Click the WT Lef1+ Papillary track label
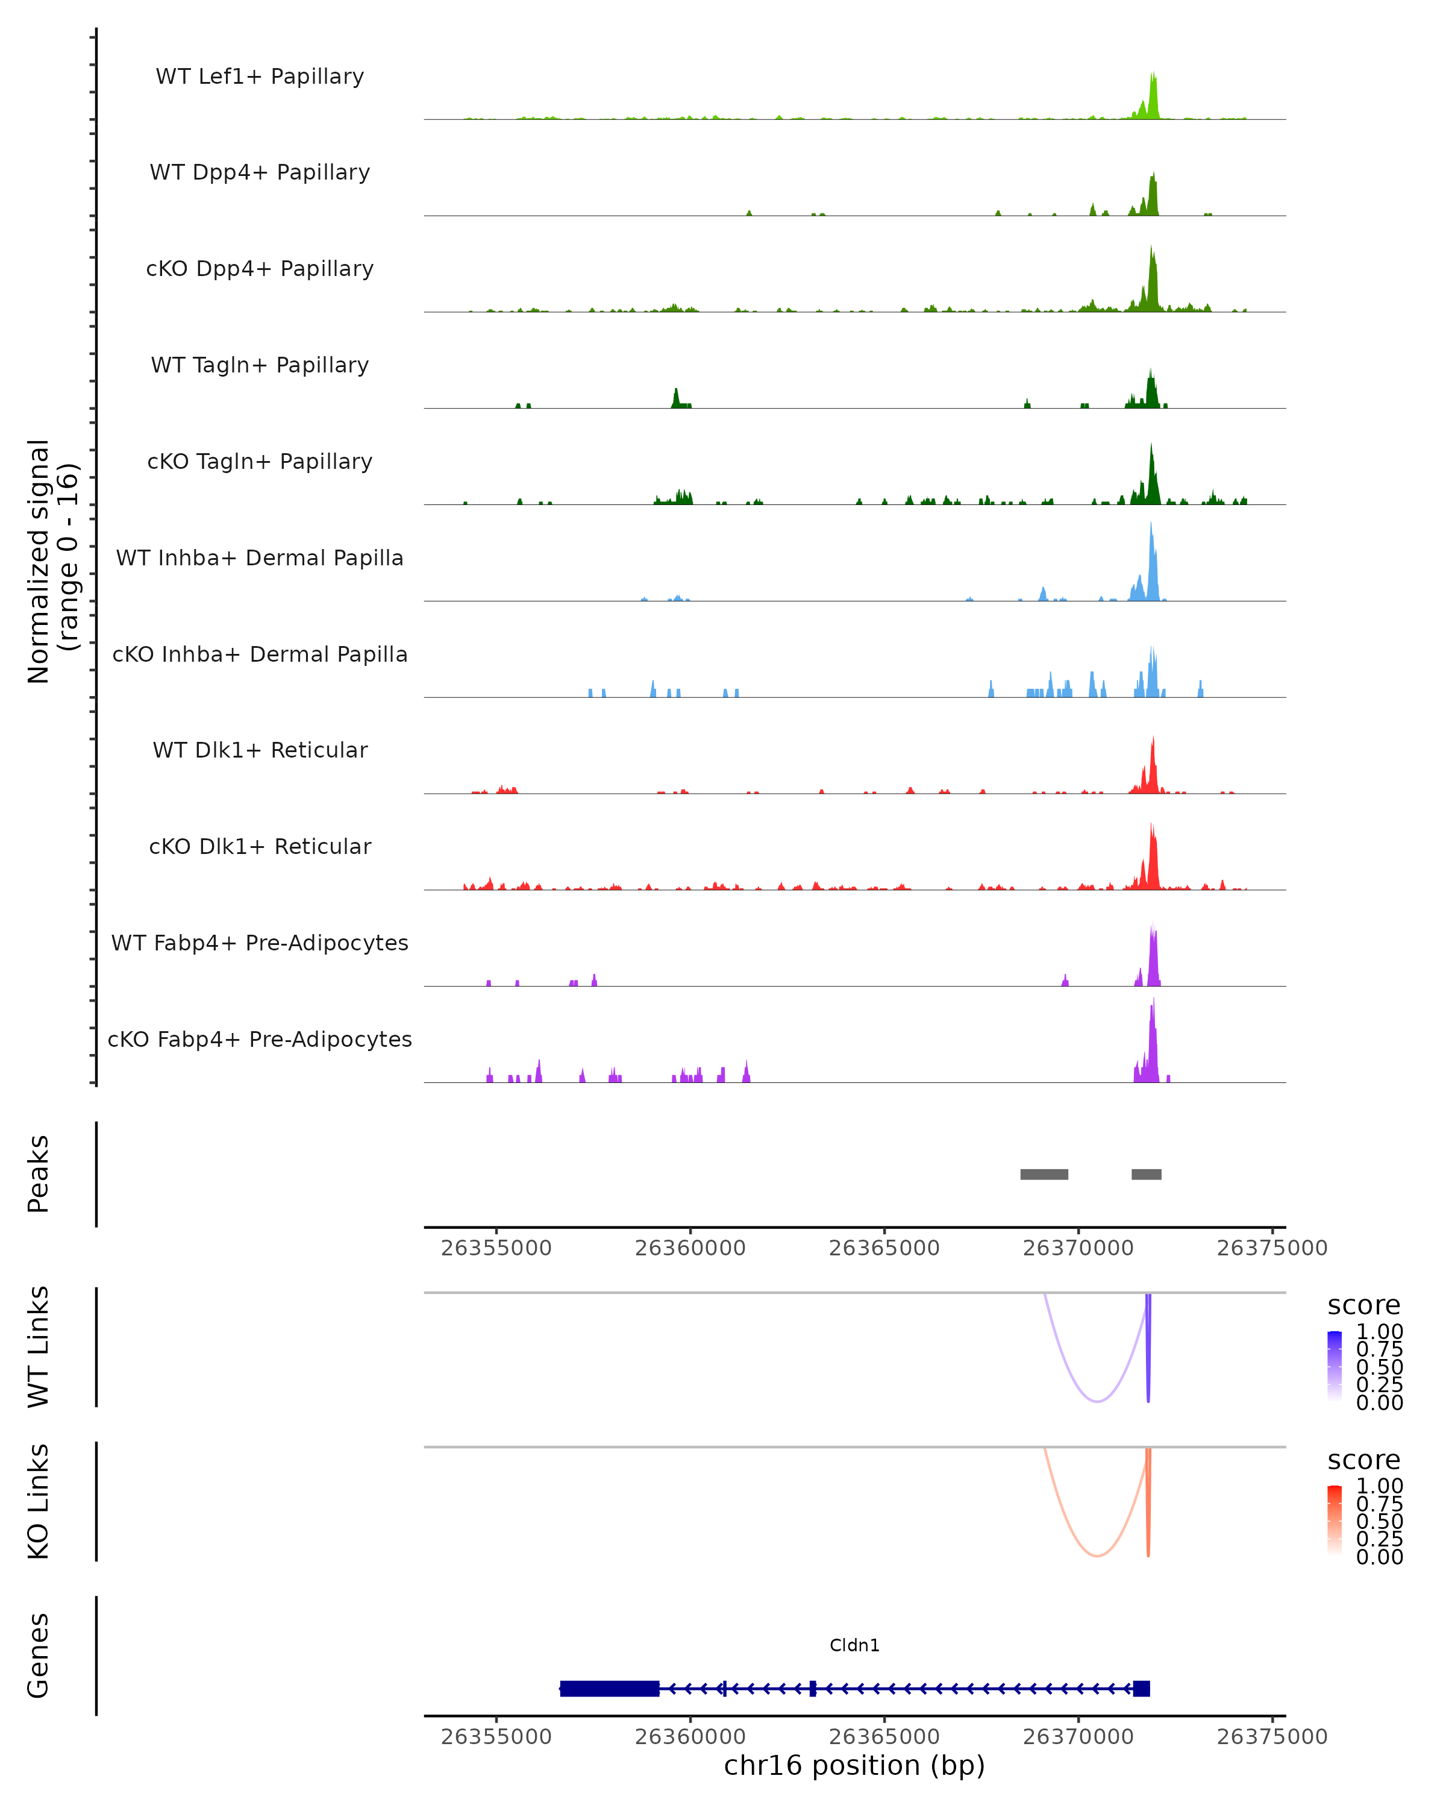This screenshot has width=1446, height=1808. pyautogui.click(x=260, y=77)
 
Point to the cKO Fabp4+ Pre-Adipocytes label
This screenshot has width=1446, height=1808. pyautogui.click(x=260, y=1039)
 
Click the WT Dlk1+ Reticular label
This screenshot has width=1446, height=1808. pyautogui.click(x=260, y=750)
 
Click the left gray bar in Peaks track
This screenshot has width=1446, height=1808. pyautogui.click(x=1044, y=1174)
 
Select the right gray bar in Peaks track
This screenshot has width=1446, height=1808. pyautogui.click(x=1146, y=1174)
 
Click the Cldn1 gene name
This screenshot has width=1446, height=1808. pyautogui.click(x=854, y=1645)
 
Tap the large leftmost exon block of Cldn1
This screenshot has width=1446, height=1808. pyautogui.click(x=609, y=1688)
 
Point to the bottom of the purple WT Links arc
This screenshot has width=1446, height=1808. pyautogui.click(x=1097, y=1401)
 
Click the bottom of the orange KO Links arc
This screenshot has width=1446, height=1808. pyautogui.click(x=1097, y=1555)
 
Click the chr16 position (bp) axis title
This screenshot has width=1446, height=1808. pyautogui.click(x=854, y=1765)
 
